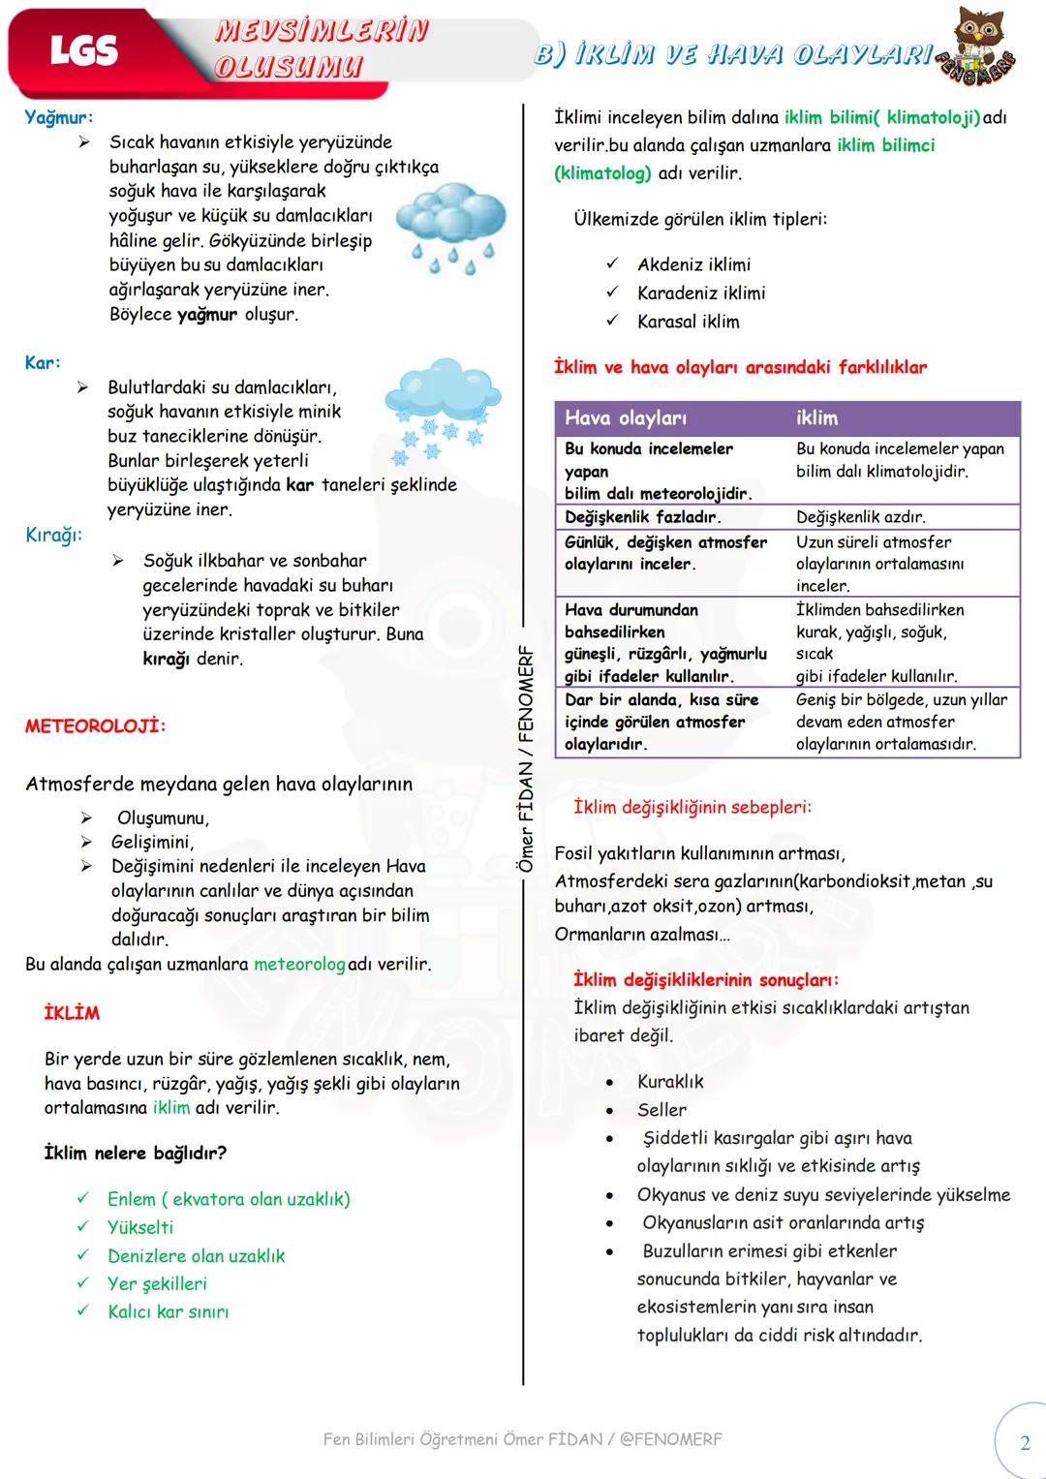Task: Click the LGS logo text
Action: coord(83,50)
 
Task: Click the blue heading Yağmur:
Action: coord(59,117)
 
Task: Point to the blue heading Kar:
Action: coord(43,362)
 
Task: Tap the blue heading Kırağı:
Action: coord(53,535)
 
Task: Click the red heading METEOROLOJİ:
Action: coord(95,725)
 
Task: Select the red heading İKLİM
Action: coord(72,1013)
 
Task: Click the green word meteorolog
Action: coord(299,964)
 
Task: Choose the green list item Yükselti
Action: coord(140,1227)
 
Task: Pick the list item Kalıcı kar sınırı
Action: coord(168,1311)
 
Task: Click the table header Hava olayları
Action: coord(626,418)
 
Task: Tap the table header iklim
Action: coord(816,418)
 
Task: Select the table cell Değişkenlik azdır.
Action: coord(860,517)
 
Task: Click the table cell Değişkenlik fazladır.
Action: coord(642,517)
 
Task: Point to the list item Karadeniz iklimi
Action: coord(701,293)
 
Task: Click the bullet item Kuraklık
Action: coord(670,1081)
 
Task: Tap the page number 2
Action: coord(1025,1443)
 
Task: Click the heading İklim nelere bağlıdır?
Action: coord(136,1153)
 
